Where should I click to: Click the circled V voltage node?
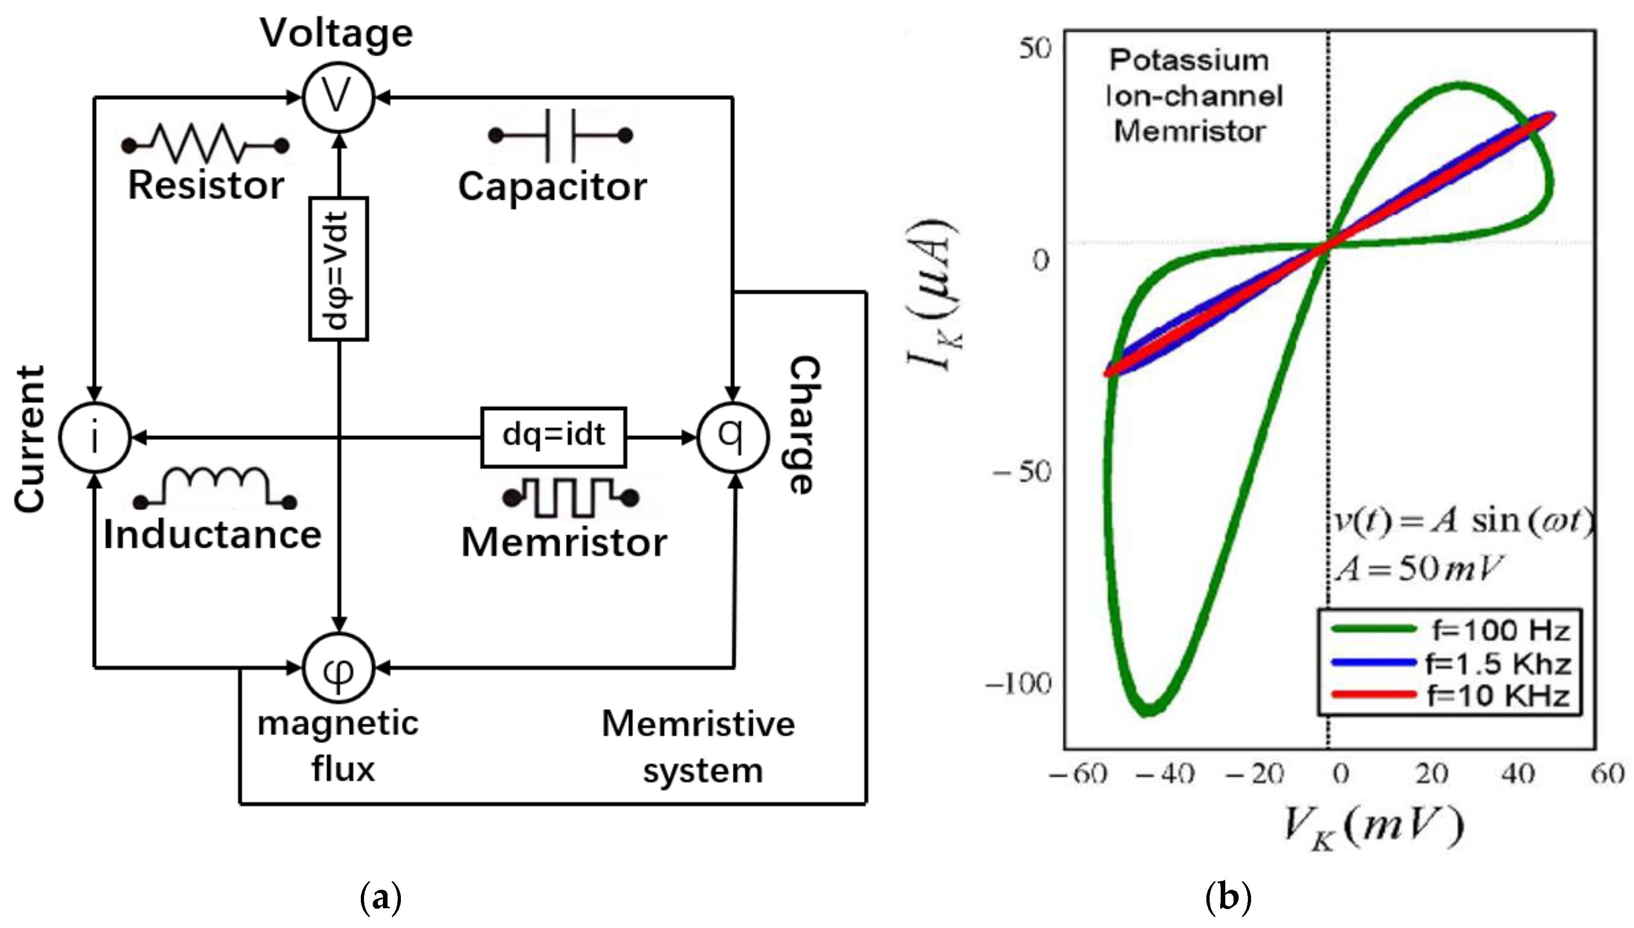337,98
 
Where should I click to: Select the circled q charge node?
733,437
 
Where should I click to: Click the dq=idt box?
553,437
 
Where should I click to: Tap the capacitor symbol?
560,135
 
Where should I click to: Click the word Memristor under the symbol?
564,543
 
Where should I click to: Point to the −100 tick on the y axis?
1018,684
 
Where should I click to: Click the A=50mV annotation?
1418,568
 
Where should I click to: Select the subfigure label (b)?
1228,898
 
